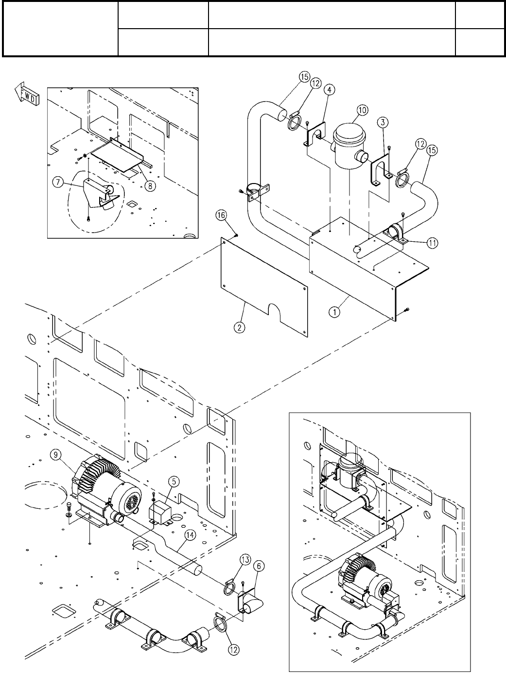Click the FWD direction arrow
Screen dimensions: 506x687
[27, 94]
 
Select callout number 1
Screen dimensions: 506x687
[334, 312]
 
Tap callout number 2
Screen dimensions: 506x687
[240, 327]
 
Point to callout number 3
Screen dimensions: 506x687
[383, 122]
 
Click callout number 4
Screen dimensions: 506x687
[330, 90]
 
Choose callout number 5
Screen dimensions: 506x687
[174, 481]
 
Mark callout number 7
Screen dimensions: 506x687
[58, 183]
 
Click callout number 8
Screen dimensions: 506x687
[150, 186]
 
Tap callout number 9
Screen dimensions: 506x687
[55, 454]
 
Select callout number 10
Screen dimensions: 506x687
[363, 110]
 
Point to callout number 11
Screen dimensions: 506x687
[432, 243]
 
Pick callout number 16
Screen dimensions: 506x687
[221, 215]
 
